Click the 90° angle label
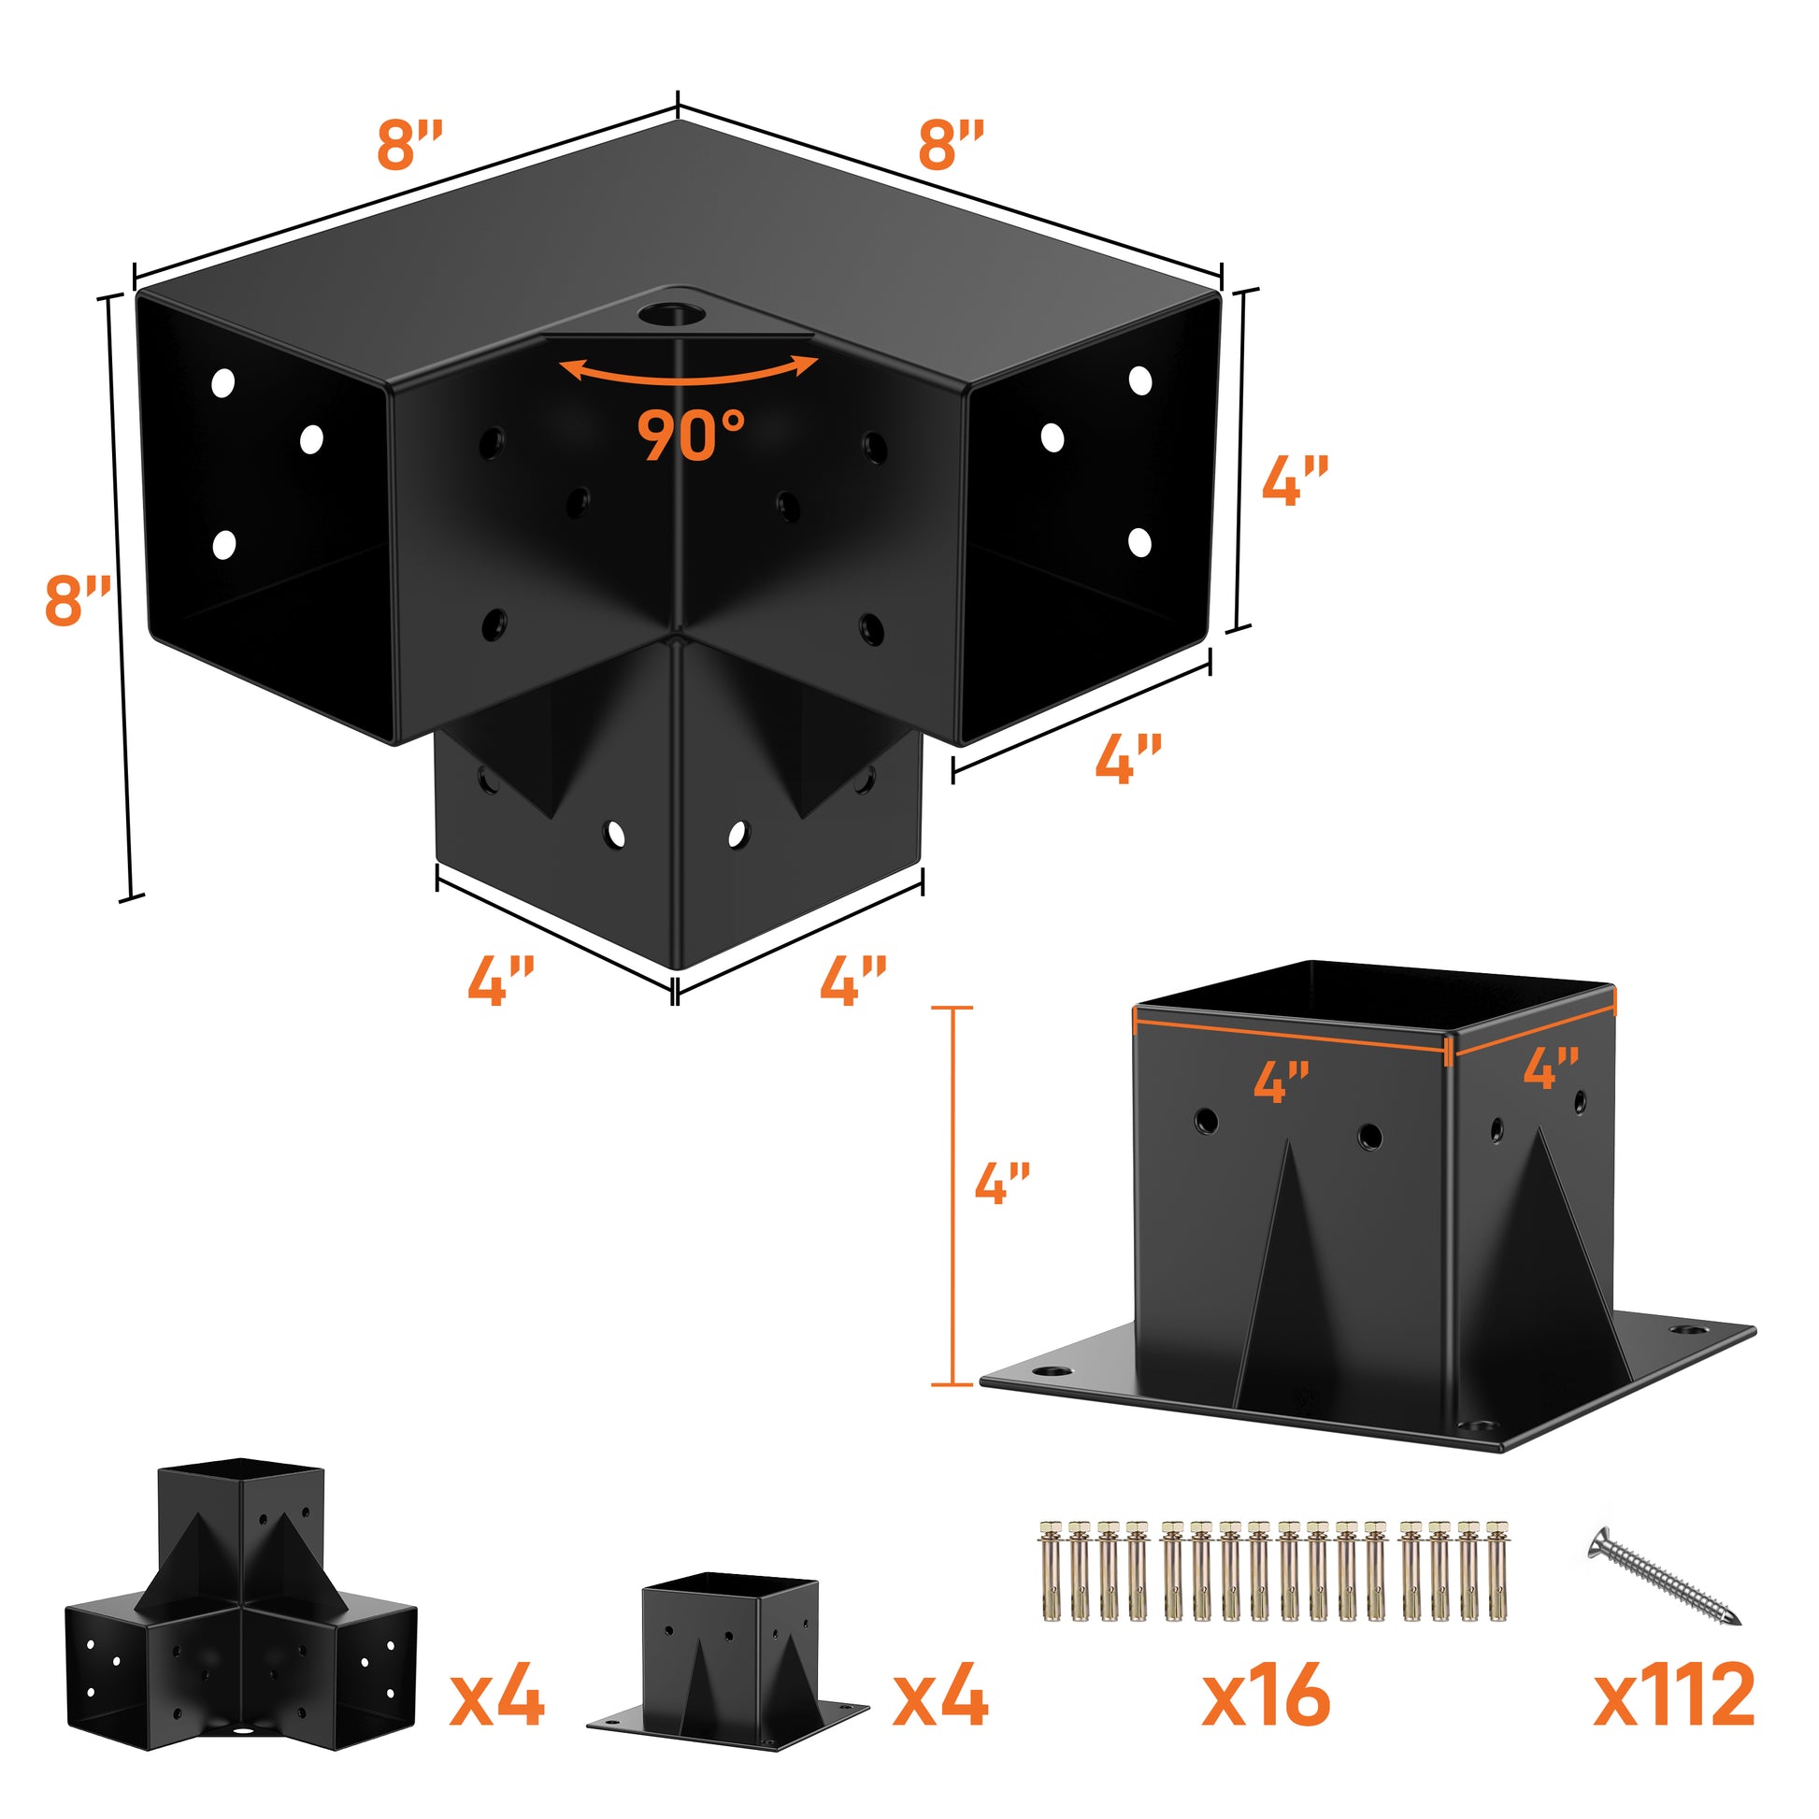tap(691, 434)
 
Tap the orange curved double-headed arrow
tap(688, 371)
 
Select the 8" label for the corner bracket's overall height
tap(78, 601)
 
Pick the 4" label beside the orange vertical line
tap(1002, 1182)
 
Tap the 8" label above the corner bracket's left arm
tap(408, 144)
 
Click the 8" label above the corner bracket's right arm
tap(951, 144)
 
